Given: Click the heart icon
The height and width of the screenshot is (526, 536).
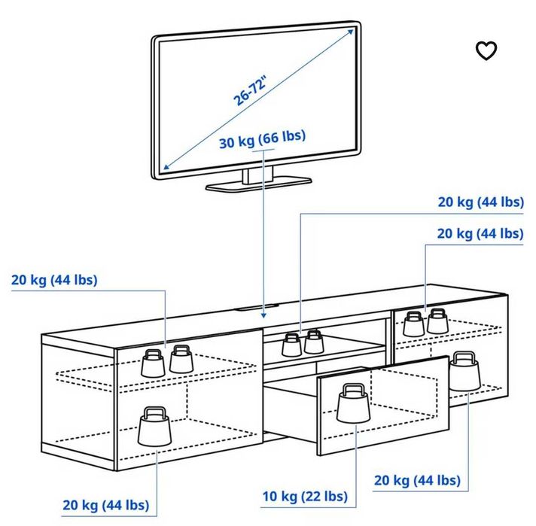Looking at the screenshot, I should point(487,50).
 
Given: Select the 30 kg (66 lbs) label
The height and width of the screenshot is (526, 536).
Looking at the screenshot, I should point(263,141).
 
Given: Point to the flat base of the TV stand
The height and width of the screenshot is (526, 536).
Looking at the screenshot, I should point(259,183).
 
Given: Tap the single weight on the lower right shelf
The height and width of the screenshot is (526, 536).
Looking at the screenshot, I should point(464,370).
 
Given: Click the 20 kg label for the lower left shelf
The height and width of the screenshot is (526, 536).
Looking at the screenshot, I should point(105,504).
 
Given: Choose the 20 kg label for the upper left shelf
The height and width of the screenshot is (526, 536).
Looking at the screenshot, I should point(54,280).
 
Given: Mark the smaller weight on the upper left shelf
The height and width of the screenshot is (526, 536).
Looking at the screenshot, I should point(181,358).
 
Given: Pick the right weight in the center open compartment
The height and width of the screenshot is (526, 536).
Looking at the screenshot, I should point(313,342).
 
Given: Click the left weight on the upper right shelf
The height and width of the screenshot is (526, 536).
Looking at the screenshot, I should point(413,324).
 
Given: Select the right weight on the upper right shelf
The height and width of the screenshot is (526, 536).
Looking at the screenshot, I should point(437,321).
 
